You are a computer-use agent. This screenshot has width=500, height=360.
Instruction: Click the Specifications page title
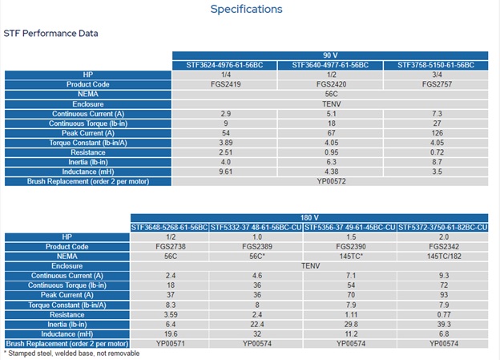click(x=246, y=10)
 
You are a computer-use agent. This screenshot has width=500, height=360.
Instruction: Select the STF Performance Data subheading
click(x=50, y=33)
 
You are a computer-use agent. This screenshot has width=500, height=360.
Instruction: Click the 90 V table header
click(x=330, y=55)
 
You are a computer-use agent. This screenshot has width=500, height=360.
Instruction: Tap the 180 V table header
click(x=309, y=217)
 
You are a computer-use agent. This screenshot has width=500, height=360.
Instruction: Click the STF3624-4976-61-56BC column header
click(x=225, y=65)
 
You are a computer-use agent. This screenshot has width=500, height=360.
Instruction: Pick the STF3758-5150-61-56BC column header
click(x=436, y=65)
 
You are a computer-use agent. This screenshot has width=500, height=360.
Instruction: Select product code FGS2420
click(x=331, y=84)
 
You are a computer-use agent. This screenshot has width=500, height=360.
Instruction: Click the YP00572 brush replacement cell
click(x=331, y=181)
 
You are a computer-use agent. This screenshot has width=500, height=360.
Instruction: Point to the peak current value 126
click(x=437, y=133)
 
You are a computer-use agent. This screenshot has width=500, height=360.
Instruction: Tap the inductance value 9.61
click(x=225, y=172)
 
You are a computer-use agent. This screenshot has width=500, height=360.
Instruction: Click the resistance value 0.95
click(x=331, y=152)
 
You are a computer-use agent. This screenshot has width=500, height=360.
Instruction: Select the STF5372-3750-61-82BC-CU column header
click(x=442, y=228)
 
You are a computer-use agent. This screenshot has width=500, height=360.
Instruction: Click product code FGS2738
click(x=171, y=247)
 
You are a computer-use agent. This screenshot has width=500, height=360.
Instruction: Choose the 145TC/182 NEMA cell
click(x=444, y=257)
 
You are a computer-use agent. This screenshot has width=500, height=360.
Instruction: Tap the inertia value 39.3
click(x=444, y=324)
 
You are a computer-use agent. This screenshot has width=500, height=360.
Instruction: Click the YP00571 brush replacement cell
click(x=171, y=344)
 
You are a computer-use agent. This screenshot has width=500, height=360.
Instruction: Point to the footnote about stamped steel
click(x=72, y=354)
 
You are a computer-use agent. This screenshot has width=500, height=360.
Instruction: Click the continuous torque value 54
click(x=351, y=285)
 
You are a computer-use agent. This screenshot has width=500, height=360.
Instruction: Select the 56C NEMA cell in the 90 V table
click(x=331, y=94)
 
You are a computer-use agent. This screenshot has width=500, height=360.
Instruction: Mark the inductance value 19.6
click(x=171, y=334)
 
